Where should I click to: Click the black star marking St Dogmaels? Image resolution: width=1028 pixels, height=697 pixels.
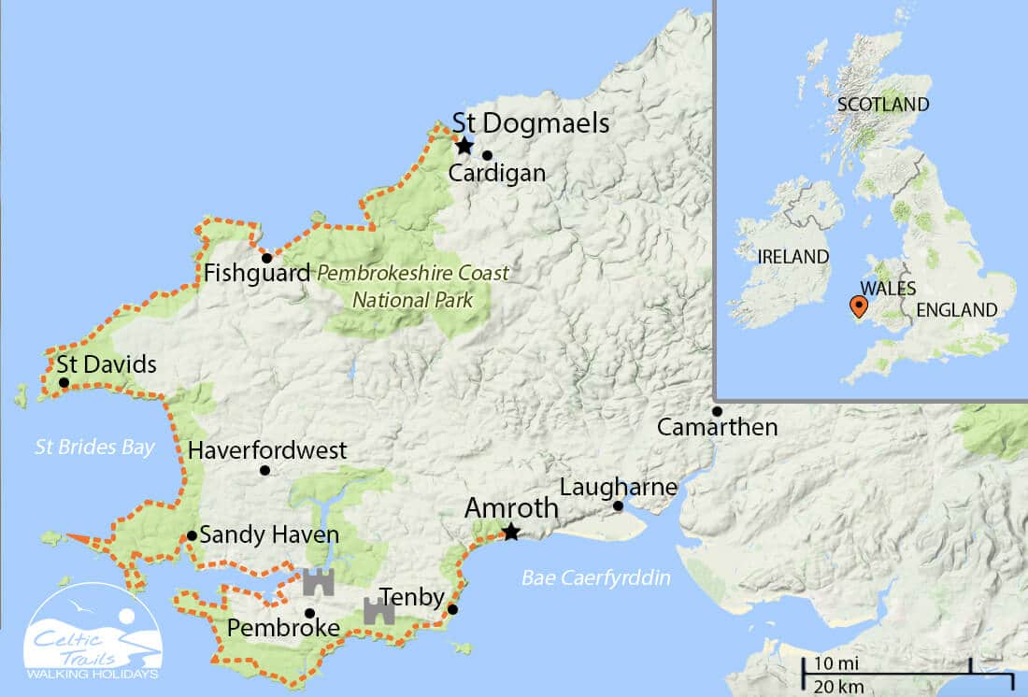coord(464,146)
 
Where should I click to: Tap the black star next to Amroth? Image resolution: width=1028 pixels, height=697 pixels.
coord(510,533)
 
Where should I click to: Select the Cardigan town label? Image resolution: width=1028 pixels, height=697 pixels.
coord(496,173)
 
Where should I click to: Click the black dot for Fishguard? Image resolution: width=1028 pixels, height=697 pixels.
coord(266,258)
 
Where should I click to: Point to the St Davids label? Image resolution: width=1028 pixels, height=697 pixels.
coord(107,364)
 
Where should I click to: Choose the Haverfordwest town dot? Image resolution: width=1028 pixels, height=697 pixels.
coord(265,470)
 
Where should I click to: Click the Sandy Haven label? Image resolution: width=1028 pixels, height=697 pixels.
coord(269,535)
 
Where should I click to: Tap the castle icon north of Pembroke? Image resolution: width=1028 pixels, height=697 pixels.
coord(318,581)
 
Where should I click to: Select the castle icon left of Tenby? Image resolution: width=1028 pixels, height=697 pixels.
coord(378,611)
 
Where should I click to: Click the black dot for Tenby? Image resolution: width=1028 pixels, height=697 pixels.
coord(452,610)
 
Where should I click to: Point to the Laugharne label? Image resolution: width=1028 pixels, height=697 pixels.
coord(618,487)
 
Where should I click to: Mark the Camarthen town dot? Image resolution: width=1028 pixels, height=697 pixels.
coord(717,411)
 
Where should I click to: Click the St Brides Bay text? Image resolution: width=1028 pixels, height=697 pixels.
coord(94,448)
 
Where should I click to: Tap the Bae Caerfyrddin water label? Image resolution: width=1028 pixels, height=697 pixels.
coord(596,578)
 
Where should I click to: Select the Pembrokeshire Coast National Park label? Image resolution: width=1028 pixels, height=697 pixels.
coord(413,287)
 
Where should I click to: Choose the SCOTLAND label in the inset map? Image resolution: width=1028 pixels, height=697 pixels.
coord(883,104)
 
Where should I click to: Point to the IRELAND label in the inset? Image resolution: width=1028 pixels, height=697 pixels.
coord(793,256)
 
